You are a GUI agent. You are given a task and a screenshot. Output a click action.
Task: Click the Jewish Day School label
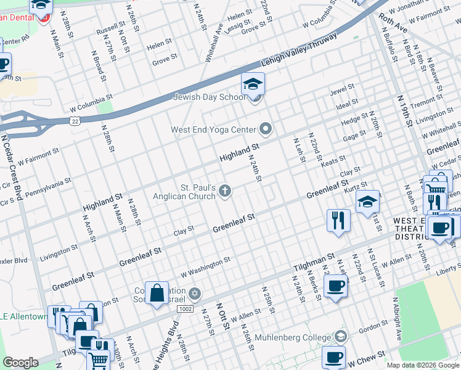click(209, 97)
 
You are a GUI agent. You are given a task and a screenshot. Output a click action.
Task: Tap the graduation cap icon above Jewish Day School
click(253, 83)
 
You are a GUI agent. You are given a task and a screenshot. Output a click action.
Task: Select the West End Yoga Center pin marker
click(266, 129)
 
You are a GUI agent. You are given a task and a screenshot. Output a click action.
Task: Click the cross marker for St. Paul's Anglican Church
click(225, 192)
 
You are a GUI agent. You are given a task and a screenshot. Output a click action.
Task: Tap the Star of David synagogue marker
click(195, 292)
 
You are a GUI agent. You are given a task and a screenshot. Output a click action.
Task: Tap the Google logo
click(20, 362)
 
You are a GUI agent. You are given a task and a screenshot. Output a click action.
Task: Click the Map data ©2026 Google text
click(422, 365)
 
